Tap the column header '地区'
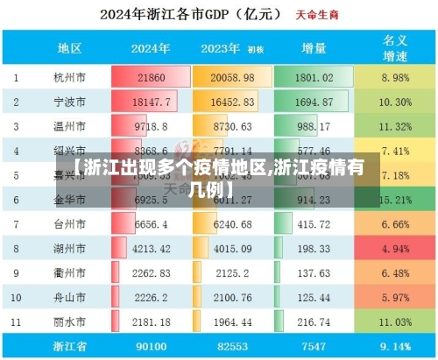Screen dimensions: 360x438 point(70,48)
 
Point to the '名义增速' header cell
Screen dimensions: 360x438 point(395,48)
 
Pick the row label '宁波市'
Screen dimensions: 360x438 point(70,102)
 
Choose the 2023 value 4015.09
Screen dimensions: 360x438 point(232,248)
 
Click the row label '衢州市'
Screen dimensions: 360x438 point(70,272)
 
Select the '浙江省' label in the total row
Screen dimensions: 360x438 point(70,345)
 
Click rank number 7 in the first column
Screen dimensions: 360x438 point(16,224)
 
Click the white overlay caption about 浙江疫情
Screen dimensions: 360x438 point(218,176)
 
